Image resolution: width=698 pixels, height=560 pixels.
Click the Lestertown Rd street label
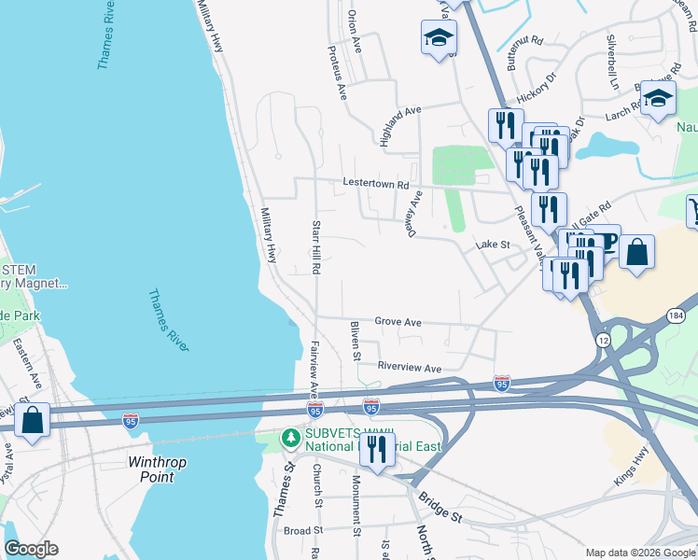point(376,184)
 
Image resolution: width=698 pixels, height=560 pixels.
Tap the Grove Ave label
point(398,322)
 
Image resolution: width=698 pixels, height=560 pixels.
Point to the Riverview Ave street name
point(410,369)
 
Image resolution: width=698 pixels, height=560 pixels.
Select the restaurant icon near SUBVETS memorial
point(377,450)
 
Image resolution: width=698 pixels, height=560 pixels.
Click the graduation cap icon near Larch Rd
point(658,99)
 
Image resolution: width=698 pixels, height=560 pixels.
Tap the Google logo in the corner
point(31,549)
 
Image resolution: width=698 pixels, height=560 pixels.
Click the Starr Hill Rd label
point(316,247)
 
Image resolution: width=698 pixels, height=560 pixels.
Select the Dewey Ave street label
point(414,214)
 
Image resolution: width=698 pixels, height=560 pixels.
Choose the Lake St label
point(491,245)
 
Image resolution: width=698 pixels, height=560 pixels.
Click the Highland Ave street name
point(400,124)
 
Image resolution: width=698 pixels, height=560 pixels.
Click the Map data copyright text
point(640,553)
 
